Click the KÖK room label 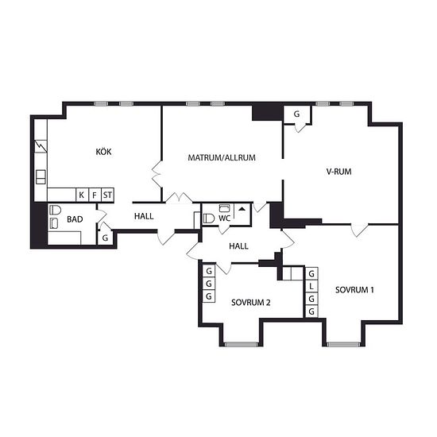click(x=103, y=152)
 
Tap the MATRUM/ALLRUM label click(x=222, y=158)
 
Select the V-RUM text click(x=338, y=172)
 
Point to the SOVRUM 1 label click(x=354, y=290)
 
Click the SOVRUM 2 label click(x=250, y=303)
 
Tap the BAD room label click(x=75, y=219)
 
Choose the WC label click(x=224, y=218)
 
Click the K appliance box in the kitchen click(x=82, y=195)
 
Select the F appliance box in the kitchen click(x=95, y=195)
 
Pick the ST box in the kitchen click(x=107, y=195)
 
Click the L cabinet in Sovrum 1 click(x=311, y=286)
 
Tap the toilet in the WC click(x=209, y=218)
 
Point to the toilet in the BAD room click(x=55, y=210)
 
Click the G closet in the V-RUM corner click(x=297, y=114)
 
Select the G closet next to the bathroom click(x=105, y=238)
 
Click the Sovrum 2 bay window click(x=242, y=345)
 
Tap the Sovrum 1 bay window click(x=343, y=345)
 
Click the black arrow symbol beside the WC click(x=242, y=209)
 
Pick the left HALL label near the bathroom click(x=144, y=216)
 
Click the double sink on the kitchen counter click(x=41, y=176)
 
